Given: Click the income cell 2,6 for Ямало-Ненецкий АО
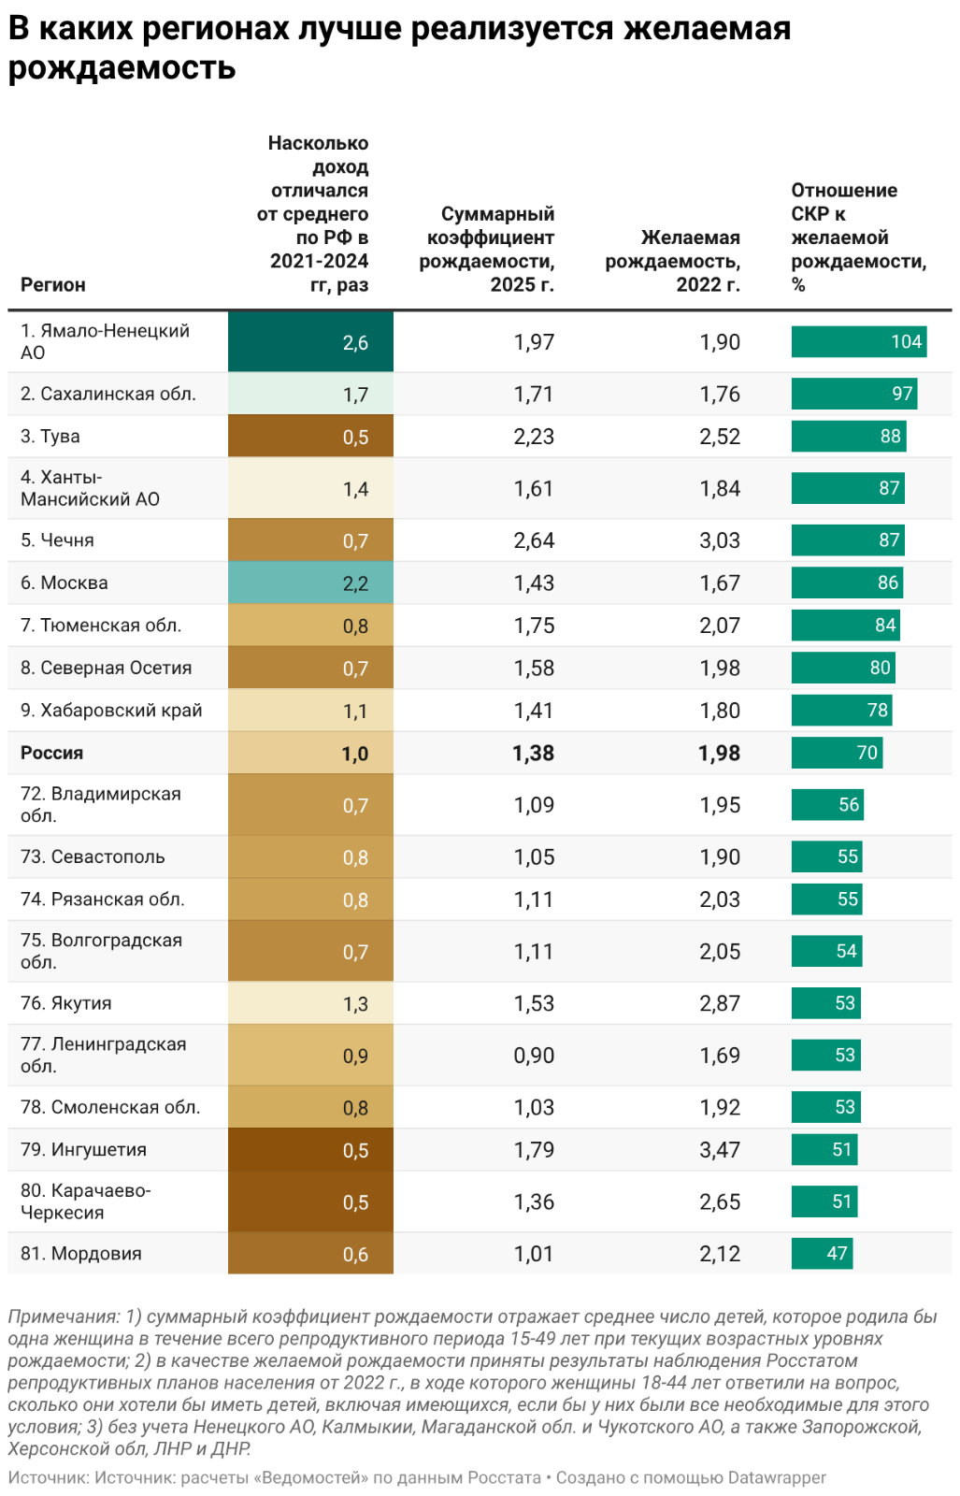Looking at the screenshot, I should (310, 342).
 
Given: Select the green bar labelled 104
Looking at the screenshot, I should (858, 342).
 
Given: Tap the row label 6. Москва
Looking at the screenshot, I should (64, 583).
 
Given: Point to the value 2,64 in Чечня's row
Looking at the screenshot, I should (534, 540).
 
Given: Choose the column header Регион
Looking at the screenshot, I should (53, 285).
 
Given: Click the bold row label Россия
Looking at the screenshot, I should (52, 754).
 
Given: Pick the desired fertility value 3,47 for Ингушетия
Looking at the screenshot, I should (720, 1150).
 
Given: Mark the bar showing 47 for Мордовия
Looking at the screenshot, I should (822, 1254).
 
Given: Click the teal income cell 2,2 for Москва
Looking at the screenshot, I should (310, 583).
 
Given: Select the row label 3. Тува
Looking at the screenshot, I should (50, 437).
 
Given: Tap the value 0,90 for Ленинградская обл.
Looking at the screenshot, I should (534, 1056).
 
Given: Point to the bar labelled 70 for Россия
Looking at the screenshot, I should (837, 754).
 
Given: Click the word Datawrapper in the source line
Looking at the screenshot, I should (777, 1478).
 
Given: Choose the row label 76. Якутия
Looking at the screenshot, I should (66, 1004).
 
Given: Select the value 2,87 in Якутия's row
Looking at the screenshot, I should (720, 1004).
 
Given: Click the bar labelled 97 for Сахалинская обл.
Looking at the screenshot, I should (854, 395).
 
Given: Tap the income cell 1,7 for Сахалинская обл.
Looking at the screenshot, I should (310, 395).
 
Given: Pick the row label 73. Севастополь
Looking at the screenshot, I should (93, 857).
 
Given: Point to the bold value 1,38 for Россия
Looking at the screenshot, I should (533, 754).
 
